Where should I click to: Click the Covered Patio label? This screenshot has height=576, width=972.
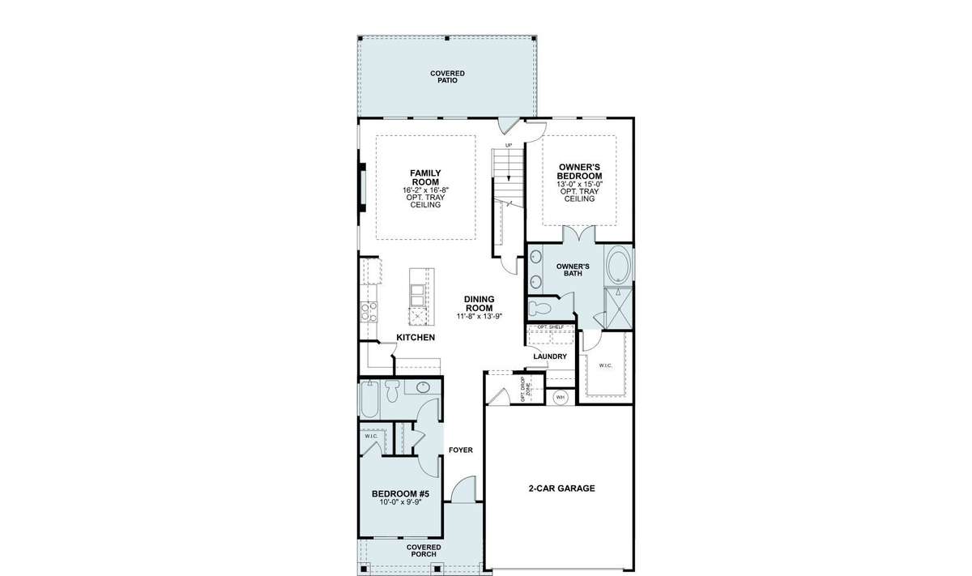447,77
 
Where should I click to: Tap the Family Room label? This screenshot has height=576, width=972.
425,177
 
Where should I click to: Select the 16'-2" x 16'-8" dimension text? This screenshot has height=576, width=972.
425,190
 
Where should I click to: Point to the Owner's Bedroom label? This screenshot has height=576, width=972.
579,172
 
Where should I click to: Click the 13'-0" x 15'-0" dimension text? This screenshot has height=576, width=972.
580,184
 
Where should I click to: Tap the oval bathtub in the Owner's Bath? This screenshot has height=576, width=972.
618,265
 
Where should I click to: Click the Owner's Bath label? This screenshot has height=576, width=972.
573,270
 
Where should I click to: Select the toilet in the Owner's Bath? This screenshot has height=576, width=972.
539,309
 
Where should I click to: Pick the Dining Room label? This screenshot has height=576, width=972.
479,304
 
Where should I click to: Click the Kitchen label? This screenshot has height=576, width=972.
416,337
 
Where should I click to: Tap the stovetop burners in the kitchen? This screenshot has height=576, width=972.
369,312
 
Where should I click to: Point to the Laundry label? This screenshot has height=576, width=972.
550,356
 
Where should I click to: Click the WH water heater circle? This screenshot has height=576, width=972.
561,397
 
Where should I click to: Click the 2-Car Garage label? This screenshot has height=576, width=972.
561,489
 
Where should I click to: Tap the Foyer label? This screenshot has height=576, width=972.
460,450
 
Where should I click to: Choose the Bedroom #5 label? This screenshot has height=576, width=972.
400,494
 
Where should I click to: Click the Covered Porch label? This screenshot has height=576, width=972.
424,551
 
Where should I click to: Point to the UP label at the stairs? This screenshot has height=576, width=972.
509,145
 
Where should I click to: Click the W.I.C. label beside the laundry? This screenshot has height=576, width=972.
606,365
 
